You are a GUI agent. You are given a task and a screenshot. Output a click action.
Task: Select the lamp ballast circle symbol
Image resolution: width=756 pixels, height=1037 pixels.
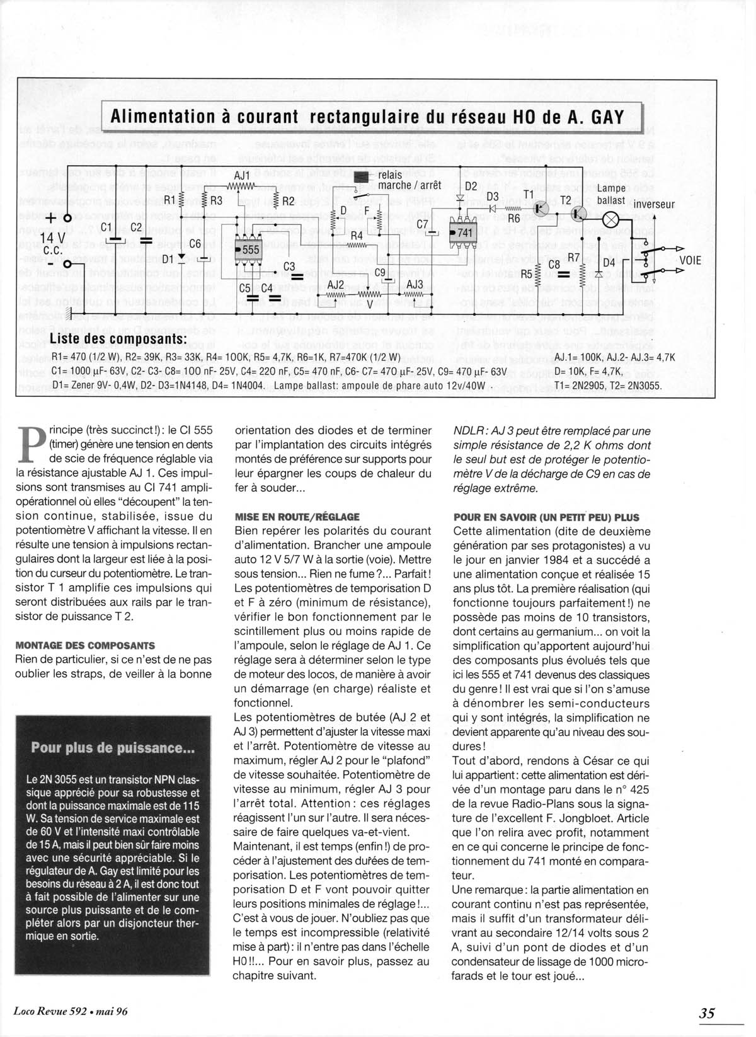pos(611,219)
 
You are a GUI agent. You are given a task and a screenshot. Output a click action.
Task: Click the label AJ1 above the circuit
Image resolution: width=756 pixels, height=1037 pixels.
pos(241,176)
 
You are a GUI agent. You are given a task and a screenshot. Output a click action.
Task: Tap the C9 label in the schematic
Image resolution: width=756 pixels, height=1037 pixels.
pos(380,272)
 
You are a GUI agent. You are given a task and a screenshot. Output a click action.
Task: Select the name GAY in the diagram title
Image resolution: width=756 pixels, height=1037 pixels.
pos(605,117)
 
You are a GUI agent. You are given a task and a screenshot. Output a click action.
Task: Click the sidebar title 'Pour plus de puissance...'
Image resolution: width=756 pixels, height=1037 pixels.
pos(113,748)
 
